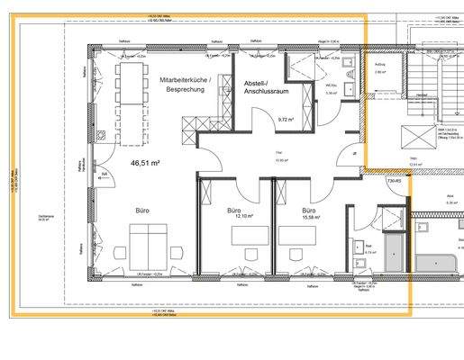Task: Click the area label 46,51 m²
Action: (x=144, y=163)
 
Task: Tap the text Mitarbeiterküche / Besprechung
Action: (x=184, y=85)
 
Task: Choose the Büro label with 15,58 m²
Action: (x=311, y=212)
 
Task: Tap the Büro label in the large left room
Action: (x=141, y=211)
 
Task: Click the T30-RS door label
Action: (x=394, y=181)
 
